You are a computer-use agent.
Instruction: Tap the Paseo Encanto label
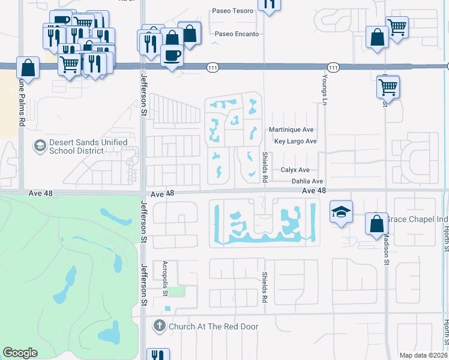pyautogui.click(x=237, y=34)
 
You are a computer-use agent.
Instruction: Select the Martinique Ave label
pyautogui.click(x=291, y=130)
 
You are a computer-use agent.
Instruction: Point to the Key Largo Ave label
pyautogui.click(x=295, y=142)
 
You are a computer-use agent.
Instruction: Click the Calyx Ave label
pyautogui.click(x=295, y=170)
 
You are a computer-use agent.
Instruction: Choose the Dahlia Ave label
pyautogui.click(x=307, y=181)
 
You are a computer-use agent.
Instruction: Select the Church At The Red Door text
pyautogui.click(x=214, y=326)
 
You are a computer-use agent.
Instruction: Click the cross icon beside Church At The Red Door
pyautogui.click(x=159, y=326)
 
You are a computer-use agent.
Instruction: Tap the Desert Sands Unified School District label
pyautogui.click(x=89, y=146)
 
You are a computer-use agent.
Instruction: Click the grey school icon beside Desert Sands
pyautogui.click(x=40, y=146)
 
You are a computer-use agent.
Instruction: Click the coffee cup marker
pyautogui.click(x=173, y=56)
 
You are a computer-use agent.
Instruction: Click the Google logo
pyautogui.click(x=20, y=353)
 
